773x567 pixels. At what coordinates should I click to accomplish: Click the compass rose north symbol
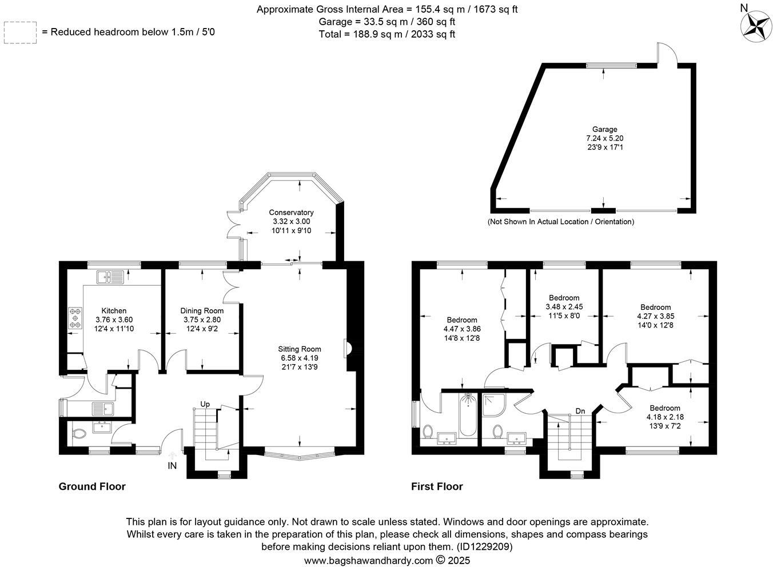pyautogui.click(x=756, y=26)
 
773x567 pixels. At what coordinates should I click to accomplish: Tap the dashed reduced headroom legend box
pyautogui.click(x=20, y=33)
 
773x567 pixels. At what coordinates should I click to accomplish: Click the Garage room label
pyautogui.click(x=604, y=130)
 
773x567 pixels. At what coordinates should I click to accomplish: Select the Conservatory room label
pyautogui.click(x=291, y=213)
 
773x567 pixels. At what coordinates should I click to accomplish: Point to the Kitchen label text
pyautogui.click(x=114, y=311)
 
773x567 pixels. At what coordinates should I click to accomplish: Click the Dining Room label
pyautogui.click(x=202, y=311)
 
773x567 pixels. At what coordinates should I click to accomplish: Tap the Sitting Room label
pyautogui.click(x=300, y=349)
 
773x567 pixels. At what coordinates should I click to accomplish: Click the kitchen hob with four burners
pyautogui.click(x=75, y=318)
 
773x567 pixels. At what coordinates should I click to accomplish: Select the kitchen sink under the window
pyautogui.click(x=110, y=278)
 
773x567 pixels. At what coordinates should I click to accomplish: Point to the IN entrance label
pyautogui.click(x=172, y=466)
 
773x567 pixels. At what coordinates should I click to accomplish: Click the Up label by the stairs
pyautogui.click(x=205, y=404)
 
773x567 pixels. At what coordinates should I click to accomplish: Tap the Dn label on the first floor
pyautogui.click(x=580, y=411)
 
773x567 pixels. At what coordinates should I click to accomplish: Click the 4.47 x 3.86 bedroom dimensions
pyautogui.click(x=461, y=329)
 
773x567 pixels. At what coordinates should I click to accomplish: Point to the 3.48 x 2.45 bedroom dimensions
pyautogui.click(x=564, y=307)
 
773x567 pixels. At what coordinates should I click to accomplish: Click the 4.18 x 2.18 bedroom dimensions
pyautogui.click(x=664, y=417)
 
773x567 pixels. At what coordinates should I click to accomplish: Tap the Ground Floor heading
pyautogui.click(x=92, y=486)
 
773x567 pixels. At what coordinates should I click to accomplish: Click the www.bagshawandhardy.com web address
pyautogui.click(x=368, y=561)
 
